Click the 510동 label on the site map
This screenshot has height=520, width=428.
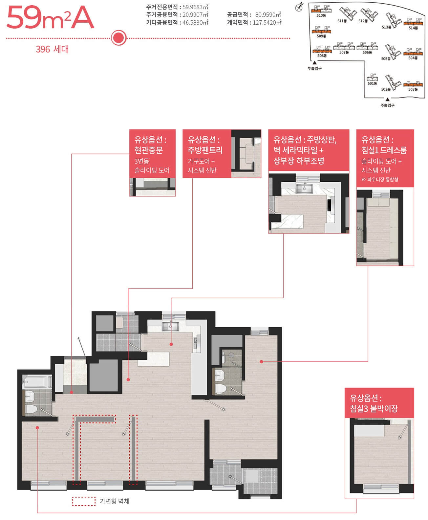point(321,15)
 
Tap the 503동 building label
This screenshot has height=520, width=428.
point(413,89)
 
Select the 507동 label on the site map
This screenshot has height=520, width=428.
point(344,52)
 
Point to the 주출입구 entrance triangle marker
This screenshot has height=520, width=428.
point(387,100)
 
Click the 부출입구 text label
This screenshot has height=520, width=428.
point(314,68)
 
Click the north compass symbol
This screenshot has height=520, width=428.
point(299,7)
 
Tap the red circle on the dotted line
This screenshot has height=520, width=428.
point(119,38)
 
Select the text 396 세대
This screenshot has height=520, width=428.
point(52,49)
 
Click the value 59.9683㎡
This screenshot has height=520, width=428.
point(195,7)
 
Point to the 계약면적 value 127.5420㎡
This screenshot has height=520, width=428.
point(267,22)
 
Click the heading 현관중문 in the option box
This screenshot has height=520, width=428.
point(149,150)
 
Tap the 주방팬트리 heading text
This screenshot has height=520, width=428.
point(205,150)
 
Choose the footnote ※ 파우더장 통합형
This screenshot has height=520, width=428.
point(380,179)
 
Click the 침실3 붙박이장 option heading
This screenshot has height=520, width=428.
point(374,409)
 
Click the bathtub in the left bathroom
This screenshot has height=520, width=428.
point(37,382)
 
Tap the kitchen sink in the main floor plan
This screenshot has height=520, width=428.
point(170,326)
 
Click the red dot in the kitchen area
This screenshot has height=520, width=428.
point(171,344)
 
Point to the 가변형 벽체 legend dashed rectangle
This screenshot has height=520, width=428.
point(84,501)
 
